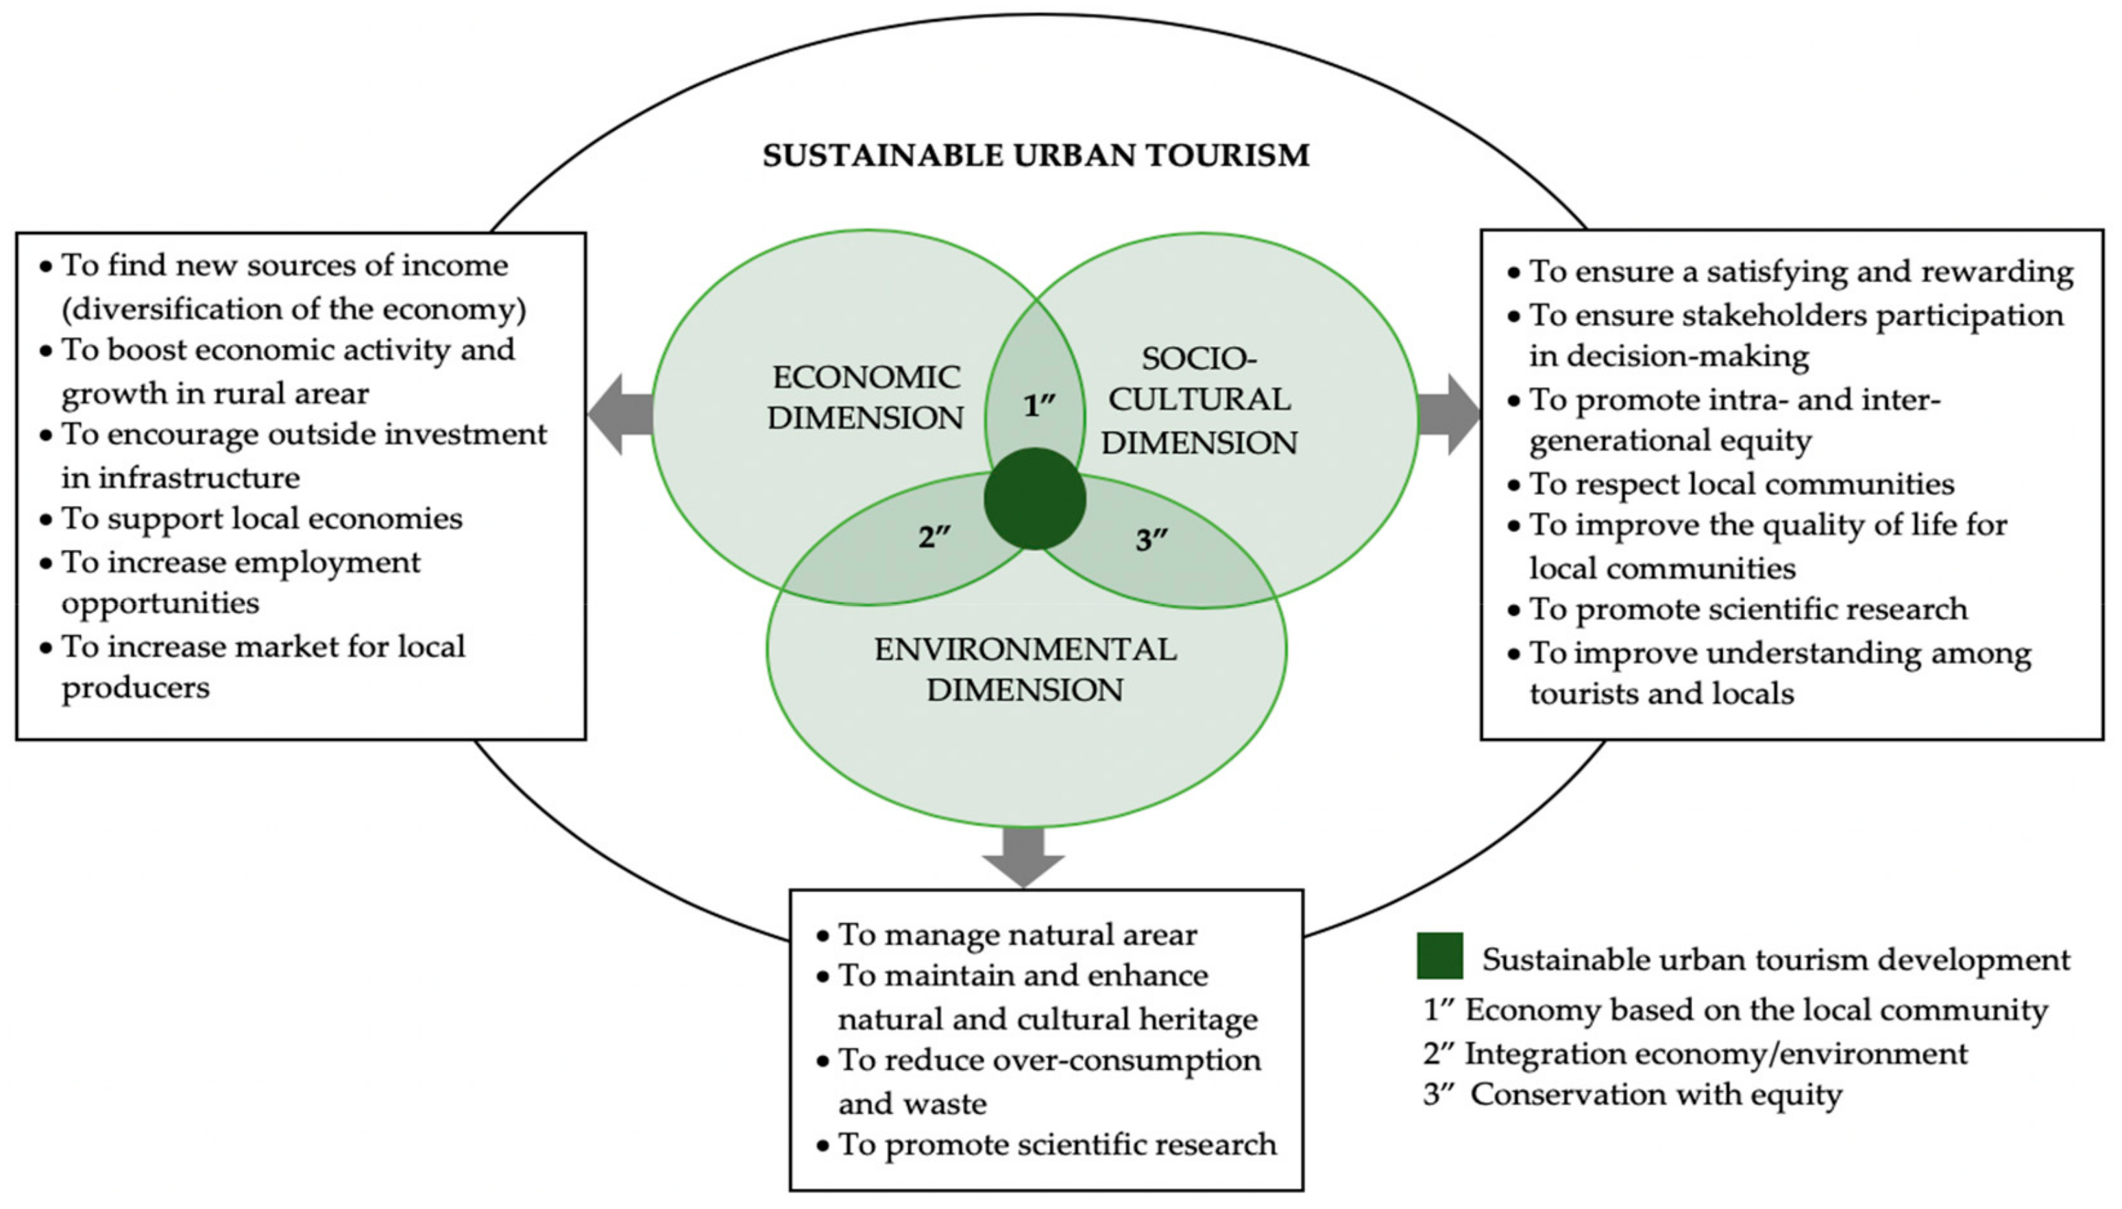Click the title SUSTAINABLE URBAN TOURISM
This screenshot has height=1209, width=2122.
pyautogui.click(x=1035, y=156)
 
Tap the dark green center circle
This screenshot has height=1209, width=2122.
pyautogui.click(x=1034, y=499)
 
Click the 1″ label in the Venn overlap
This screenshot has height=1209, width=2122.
pyautogui.click(x=1038, y=406)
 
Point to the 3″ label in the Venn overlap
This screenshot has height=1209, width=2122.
pyautogui.click(x=1151, y=541)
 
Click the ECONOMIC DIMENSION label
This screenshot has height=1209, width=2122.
pyautogui.click(x=865, y=397)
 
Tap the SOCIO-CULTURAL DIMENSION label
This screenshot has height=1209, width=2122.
pyautogui.click(x=1199, y=401)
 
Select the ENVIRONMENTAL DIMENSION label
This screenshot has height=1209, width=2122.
pyautogui.click(x=1025, y=669)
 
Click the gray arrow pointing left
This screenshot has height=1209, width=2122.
pyautogui.click(x=620, y=415)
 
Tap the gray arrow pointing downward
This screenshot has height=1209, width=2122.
pyautogui.click(x=1023, y=857)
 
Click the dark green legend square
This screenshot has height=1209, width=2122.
pyautogui.click(x=1439, y=955)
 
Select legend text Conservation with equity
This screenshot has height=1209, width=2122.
pyautogui.click(x=1655, y=1095)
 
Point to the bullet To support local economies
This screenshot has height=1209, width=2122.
pyautogui.click(x=262, y=519)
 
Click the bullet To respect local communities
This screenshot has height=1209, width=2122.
pyautogui.click(x=1741, y=484)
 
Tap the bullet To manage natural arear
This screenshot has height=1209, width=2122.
pyautogui.click(x=1016, y=935)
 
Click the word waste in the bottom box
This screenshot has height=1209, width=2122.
pyautogui.click(x=953, y=1104)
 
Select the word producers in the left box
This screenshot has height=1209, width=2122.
pyautogui.click(x=135, y=688)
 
